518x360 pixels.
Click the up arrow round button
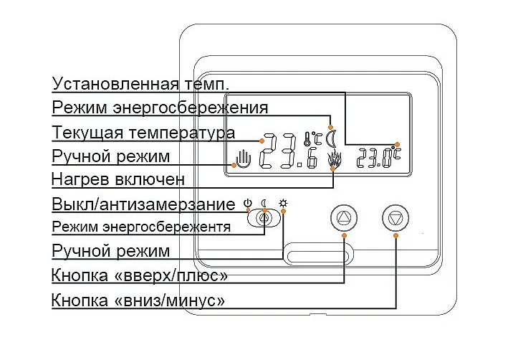point(345,218)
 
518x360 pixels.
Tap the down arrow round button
point(395,218)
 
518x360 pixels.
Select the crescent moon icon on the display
point(331,136)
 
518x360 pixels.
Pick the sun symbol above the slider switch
point(284,204)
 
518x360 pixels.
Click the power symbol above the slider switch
point(248,204)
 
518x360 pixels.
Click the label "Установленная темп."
point(140,83)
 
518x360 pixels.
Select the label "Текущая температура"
point(143,133)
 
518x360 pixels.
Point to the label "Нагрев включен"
point(118,179)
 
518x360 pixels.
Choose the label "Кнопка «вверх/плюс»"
point(140,276)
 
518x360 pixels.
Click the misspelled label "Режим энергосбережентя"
point(141,228)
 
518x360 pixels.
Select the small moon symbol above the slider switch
point(265,204)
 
